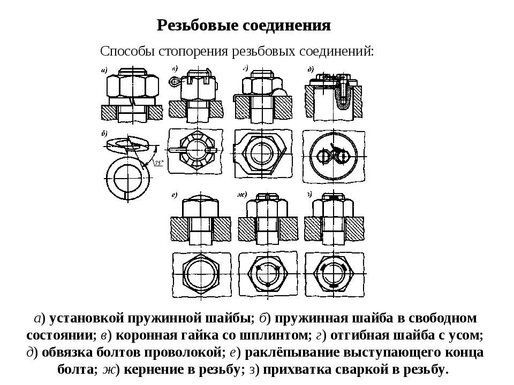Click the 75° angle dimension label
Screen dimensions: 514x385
pyautogui.click(x=158, y=164)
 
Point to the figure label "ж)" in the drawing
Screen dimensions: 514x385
pyautogui.click(x=241, y=195)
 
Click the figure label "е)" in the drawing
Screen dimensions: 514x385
pyautogui.click(x=175, y=195)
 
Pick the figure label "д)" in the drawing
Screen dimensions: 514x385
pyautogui.click(x=311, y=68)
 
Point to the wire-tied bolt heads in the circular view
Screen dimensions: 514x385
pyautogui.click(x=331, y=156)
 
